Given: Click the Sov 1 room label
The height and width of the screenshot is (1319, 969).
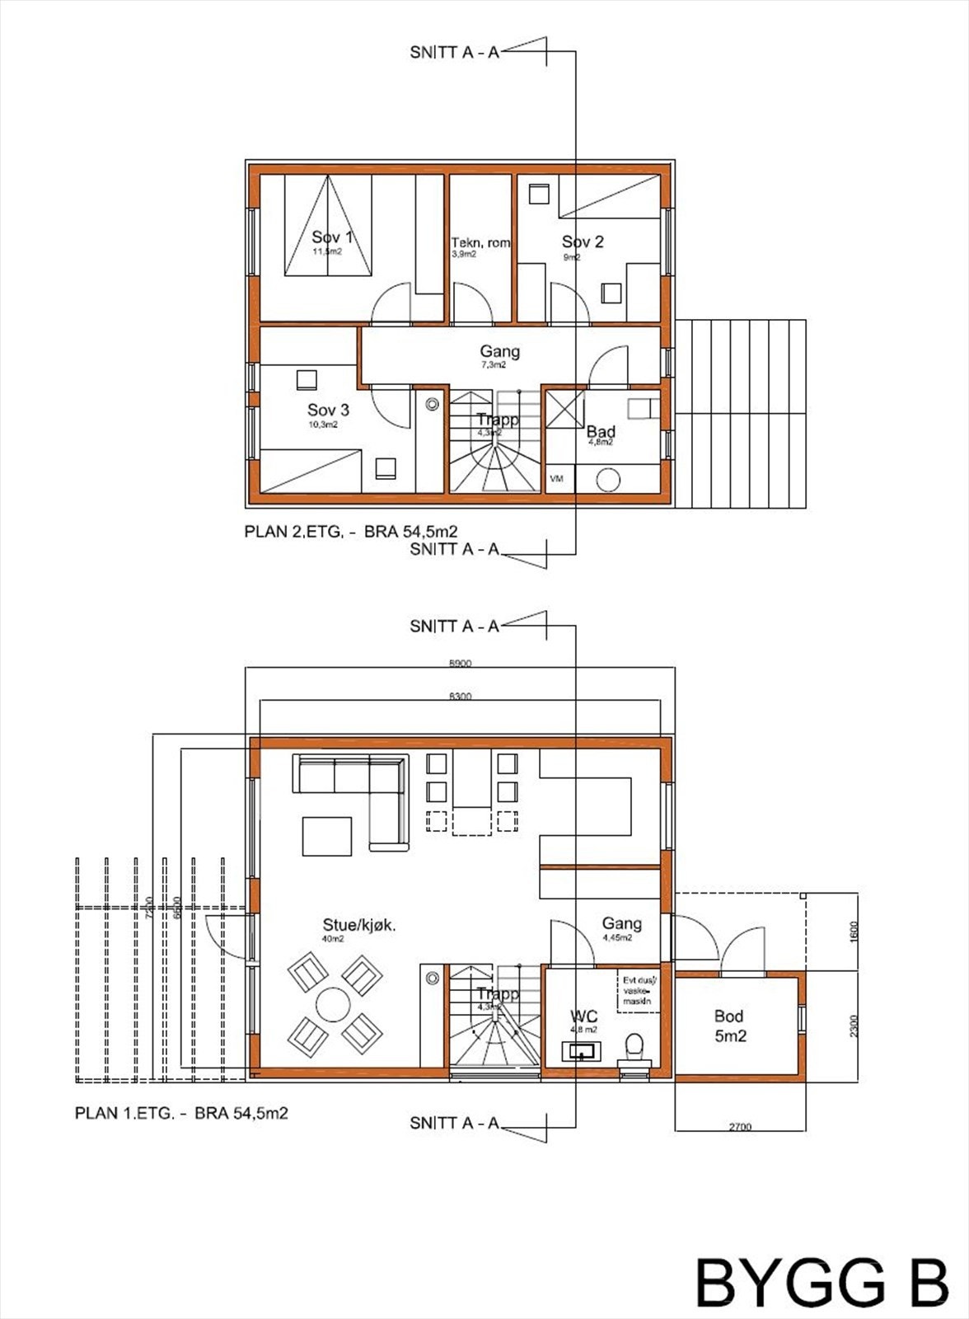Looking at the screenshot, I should pos(332,238).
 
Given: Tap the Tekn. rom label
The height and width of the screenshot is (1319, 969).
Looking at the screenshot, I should pos(480,243).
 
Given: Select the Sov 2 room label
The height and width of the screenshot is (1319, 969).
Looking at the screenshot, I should pos(583,242).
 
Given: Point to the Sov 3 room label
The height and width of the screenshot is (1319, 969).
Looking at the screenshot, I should pos(328,411).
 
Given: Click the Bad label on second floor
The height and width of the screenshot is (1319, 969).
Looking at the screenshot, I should pos(601,432).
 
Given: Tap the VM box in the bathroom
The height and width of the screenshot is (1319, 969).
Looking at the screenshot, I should pos(557,479).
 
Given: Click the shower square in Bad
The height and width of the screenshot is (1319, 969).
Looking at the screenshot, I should pos(565,410).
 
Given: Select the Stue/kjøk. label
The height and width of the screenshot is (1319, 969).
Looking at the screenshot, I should pos(359,926).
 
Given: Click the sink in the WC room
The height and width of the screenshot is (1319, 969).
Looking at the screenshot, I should pos(582,1052).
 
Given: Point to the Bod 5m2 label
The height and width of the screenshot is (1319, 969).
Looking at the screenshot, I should pos(729,1026).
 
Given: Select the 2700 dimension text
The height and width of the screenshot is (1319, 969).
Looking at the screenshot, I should pos(740,1127).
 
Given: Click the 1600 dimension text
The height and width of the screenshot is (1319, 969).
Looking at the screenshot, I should pos(854,932).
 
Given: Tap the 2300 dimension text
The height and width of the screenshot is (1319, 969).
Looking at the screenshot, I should pos(854,1026).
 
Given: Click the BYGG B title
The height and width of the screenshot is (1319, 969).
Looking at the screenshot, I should pos(821,1283).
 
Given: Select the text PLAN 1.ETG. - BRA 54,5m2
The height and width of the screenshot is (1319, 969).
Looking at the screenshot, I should pos(181,1114).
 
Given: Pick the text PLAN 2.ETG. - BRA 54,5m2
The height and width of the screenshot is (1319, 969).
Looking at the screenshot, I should pos(351,533).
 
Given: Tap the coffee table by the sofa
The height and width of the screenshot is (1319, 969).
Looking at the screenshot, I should pos(327,836).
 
